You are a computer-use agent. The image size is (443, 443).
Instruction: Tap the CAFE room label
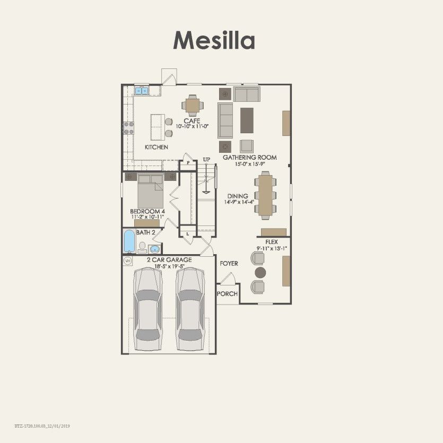(192, 121)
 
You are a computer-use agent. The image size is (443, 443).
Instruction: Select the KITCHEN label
(157, 147)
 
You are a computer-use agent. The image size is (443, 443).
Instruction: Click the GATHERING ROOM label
(249, 158)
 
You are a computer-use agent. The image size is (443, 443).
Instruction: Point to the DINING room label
(238, 196)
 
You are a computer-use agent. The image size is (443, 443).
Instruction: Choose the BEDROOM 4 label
(148, 211)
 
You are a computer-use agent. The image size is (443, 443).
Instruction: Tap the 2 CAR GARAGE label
(169, 259)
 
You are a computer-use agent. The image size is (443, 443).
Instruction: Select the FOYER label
(229, 263)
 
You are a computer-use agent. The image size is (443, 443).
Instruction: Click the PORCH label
(228, 294)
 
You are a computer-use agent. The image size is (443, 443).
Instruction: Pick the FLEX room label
(272, 241)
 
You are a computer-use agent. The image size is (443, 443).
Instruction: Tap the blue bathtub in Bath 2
(129, 241)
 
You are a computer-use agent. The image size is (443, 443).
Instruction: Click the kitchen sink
(142, 91)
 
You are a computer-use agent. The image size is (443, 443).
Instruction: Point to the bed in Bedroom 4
(150, 192)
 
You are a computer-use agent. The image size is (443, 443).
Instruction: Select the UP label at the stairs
(206, 159)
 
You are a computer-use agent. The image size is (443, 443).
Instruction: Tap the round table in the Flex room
(260, 272)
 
